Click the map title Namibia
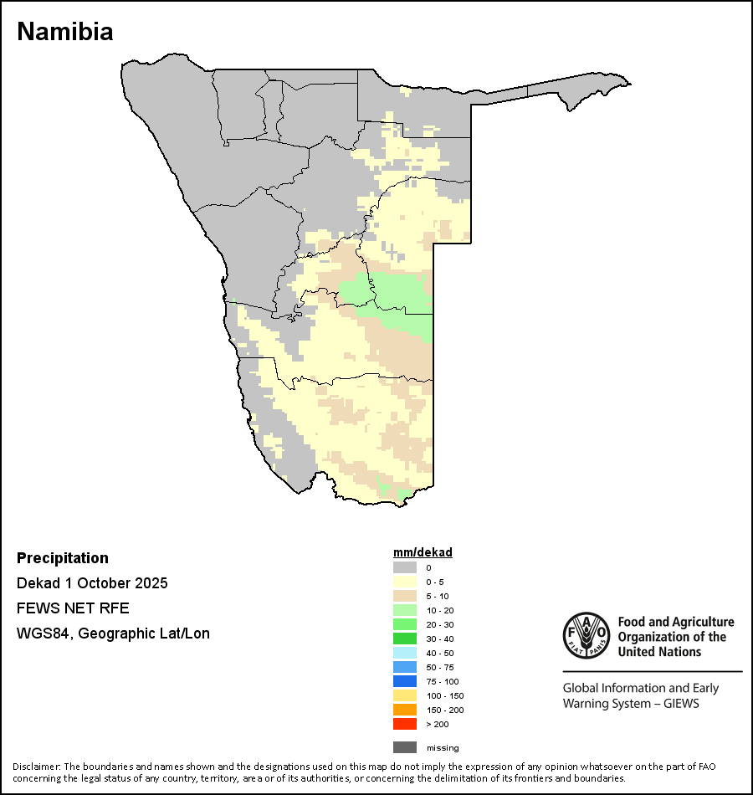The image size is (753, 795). [65, 32]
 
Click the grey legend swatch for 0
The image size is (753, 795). [404, 567]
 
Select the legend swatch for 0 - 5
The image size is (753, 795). [404, 582]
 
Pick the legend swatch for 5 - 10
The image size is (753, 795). [404, 596]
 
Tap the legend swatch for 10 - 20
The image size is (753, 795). [404, 610]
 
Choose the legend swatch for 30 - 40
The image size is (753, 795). [404, 639]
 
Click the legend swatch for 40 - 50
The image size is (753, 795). [404, 653]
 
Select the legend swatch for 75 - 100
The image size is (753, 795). [404, 681]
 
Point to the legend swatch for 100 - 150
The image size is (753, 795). [404, 695]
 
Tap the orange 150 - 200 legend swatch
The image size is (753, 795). [404, 710]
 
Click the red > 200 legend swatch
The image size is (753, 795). [404, 724]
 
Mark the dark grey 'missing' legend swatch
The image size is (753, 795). [404, 747]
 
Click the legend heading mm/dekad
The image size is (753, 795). [423, 552]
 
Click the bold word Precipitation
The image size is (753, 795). [63, 558]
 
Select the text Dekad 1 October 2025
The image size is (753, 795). [92, 583]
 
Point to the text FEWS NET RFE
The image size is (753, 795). [73, 608]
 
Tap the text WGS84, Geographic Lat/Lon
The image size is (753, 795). [113, 633]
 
